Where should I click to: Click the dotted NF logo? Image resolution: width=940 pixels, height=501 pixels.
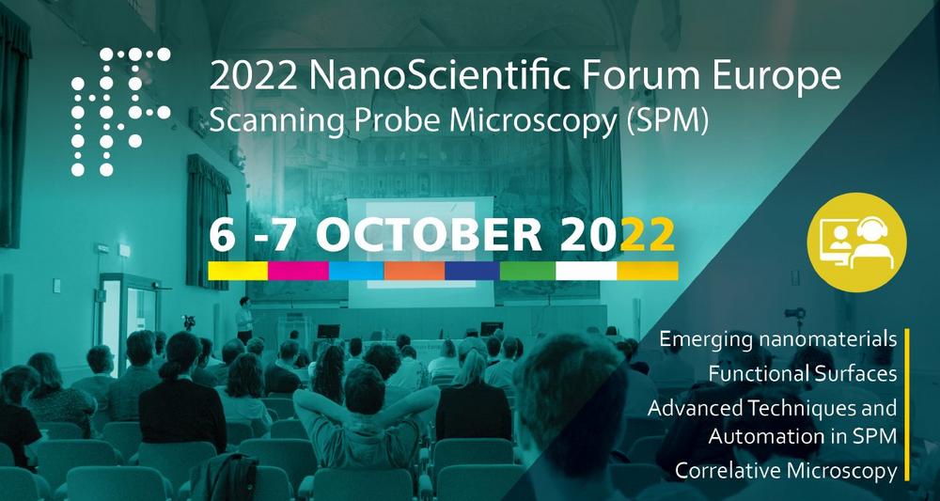[x=120, y=112]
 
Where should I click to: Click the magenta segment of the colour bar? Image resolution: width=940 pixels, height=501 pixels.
[x=298, y=271]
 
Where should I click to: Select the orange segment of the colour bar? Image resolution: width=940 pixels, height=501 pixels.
[x=415, y=271]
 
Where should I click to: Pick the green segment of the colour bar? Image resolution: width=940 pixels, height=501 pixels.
[x=527, y=271]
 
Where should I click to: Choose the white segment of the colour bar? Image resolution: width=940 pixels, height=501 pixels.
[x=587, y=271]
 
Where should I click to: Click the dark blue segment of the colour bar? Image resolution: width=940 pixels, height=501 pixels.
[x=473, y=271]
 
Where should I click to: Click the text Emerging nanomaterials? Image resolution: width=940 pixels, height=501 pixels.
[x=778, y=339]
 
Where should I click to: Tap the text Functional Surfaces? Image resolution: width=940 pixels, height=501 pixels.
[x=803, y=374]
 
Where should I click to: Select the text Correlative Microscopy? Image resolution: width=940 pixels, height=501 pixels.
[x=786, y=470]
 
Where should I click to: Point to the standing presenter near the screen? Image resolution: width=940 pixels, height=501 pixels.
[x=244, y=320]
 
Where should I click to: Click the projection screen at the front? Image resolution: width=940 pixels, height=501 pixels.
[x=421, y=252]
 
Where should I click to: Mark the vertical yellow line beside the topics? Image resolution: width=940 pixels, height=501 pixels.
[x=907, y=404]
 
